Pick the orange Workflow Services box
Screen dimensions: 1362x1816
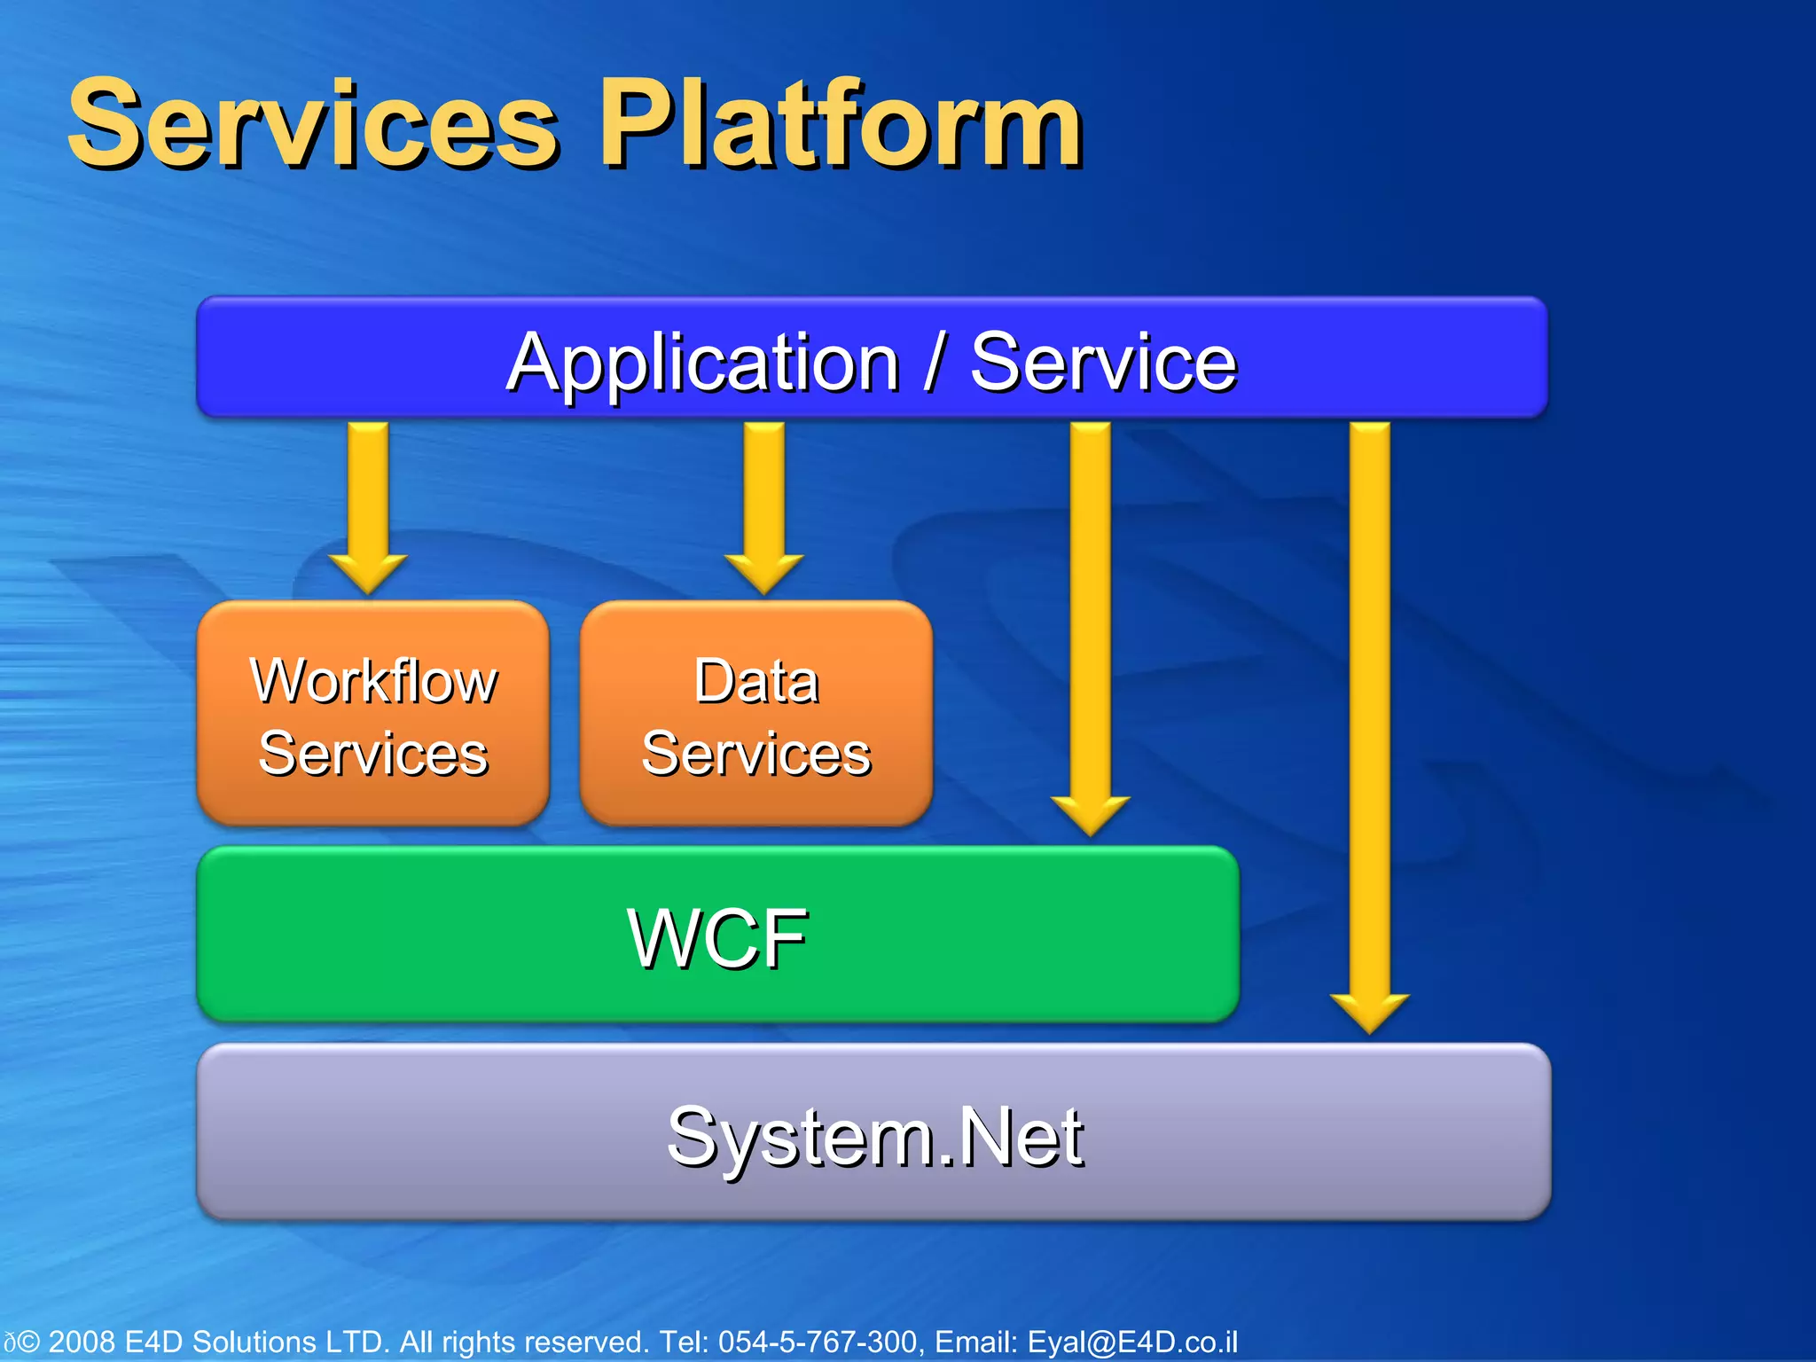tap(372, 715)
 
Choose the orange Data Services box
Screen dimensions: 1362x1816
tap(755, 715)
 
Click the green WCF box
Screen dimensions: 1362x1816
tap(716, 936)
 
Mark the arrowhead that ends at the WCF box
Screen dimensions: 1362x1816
tap(1090, 814)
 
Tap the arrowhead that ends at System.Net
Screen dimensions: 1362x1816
tap(1369, 1012)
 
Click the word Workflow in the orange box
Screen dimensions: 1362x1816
tap(373, 681)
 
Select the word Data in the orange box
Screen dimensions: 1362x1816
tap(755, 681)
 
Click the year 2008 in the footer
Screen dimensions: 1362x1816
tap(82, 1342)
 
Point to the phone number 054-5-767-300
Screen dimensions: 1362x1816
tap(817, 1342)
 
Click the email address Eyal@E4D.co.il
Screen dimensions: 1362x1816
tap(1132, 1342)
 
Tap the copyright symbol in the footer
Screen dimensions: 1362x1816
tap(28, 1342)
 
